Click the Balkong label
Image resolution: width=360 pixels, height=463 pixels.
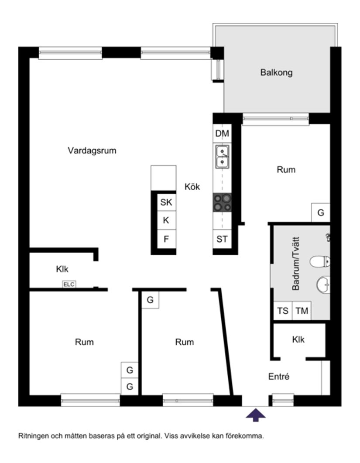coord(276,72)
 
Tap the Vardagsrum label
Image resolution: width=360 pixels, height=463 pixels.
coord(92,151)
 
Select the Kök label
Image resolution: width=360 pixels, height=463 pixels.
coord(192,187)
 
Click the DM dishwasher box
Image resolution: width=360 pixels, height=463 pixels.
coord(222,134)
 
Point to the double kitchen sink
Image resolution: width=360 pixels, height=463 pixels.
coord(223,157)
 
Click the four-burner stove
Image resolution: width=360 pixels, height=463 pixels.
coord(222,203)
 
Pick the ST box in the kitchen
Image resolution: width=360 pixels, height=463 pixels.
coord(222,239)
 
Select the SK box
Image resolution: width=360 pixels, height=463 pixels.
coord(166,202)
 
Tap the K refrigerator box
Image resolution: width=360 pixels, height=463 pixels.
coord(166,220)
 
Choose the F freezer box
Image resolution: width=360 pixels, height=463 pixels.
coord(166,239)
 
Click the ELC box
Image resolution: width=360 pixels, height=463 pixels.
coord(69,285)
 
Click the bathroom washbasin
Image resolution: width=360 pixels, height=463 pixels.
coord(323,285)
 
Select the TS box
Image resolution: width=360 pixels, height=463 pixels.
coord(283,311)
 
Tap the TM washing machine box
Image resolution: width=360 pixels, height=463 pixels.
coord(302,311)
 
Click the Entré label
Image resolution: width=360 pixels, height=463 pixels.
coord(278,377)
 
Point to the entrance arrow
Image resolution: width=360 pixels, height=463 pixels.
coord(256,415)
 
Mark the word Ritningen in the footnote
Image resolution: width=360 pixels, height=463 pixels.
coord(31,436)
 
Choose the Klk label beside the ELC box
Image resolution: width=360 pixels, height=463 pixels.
coord(62,270)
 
